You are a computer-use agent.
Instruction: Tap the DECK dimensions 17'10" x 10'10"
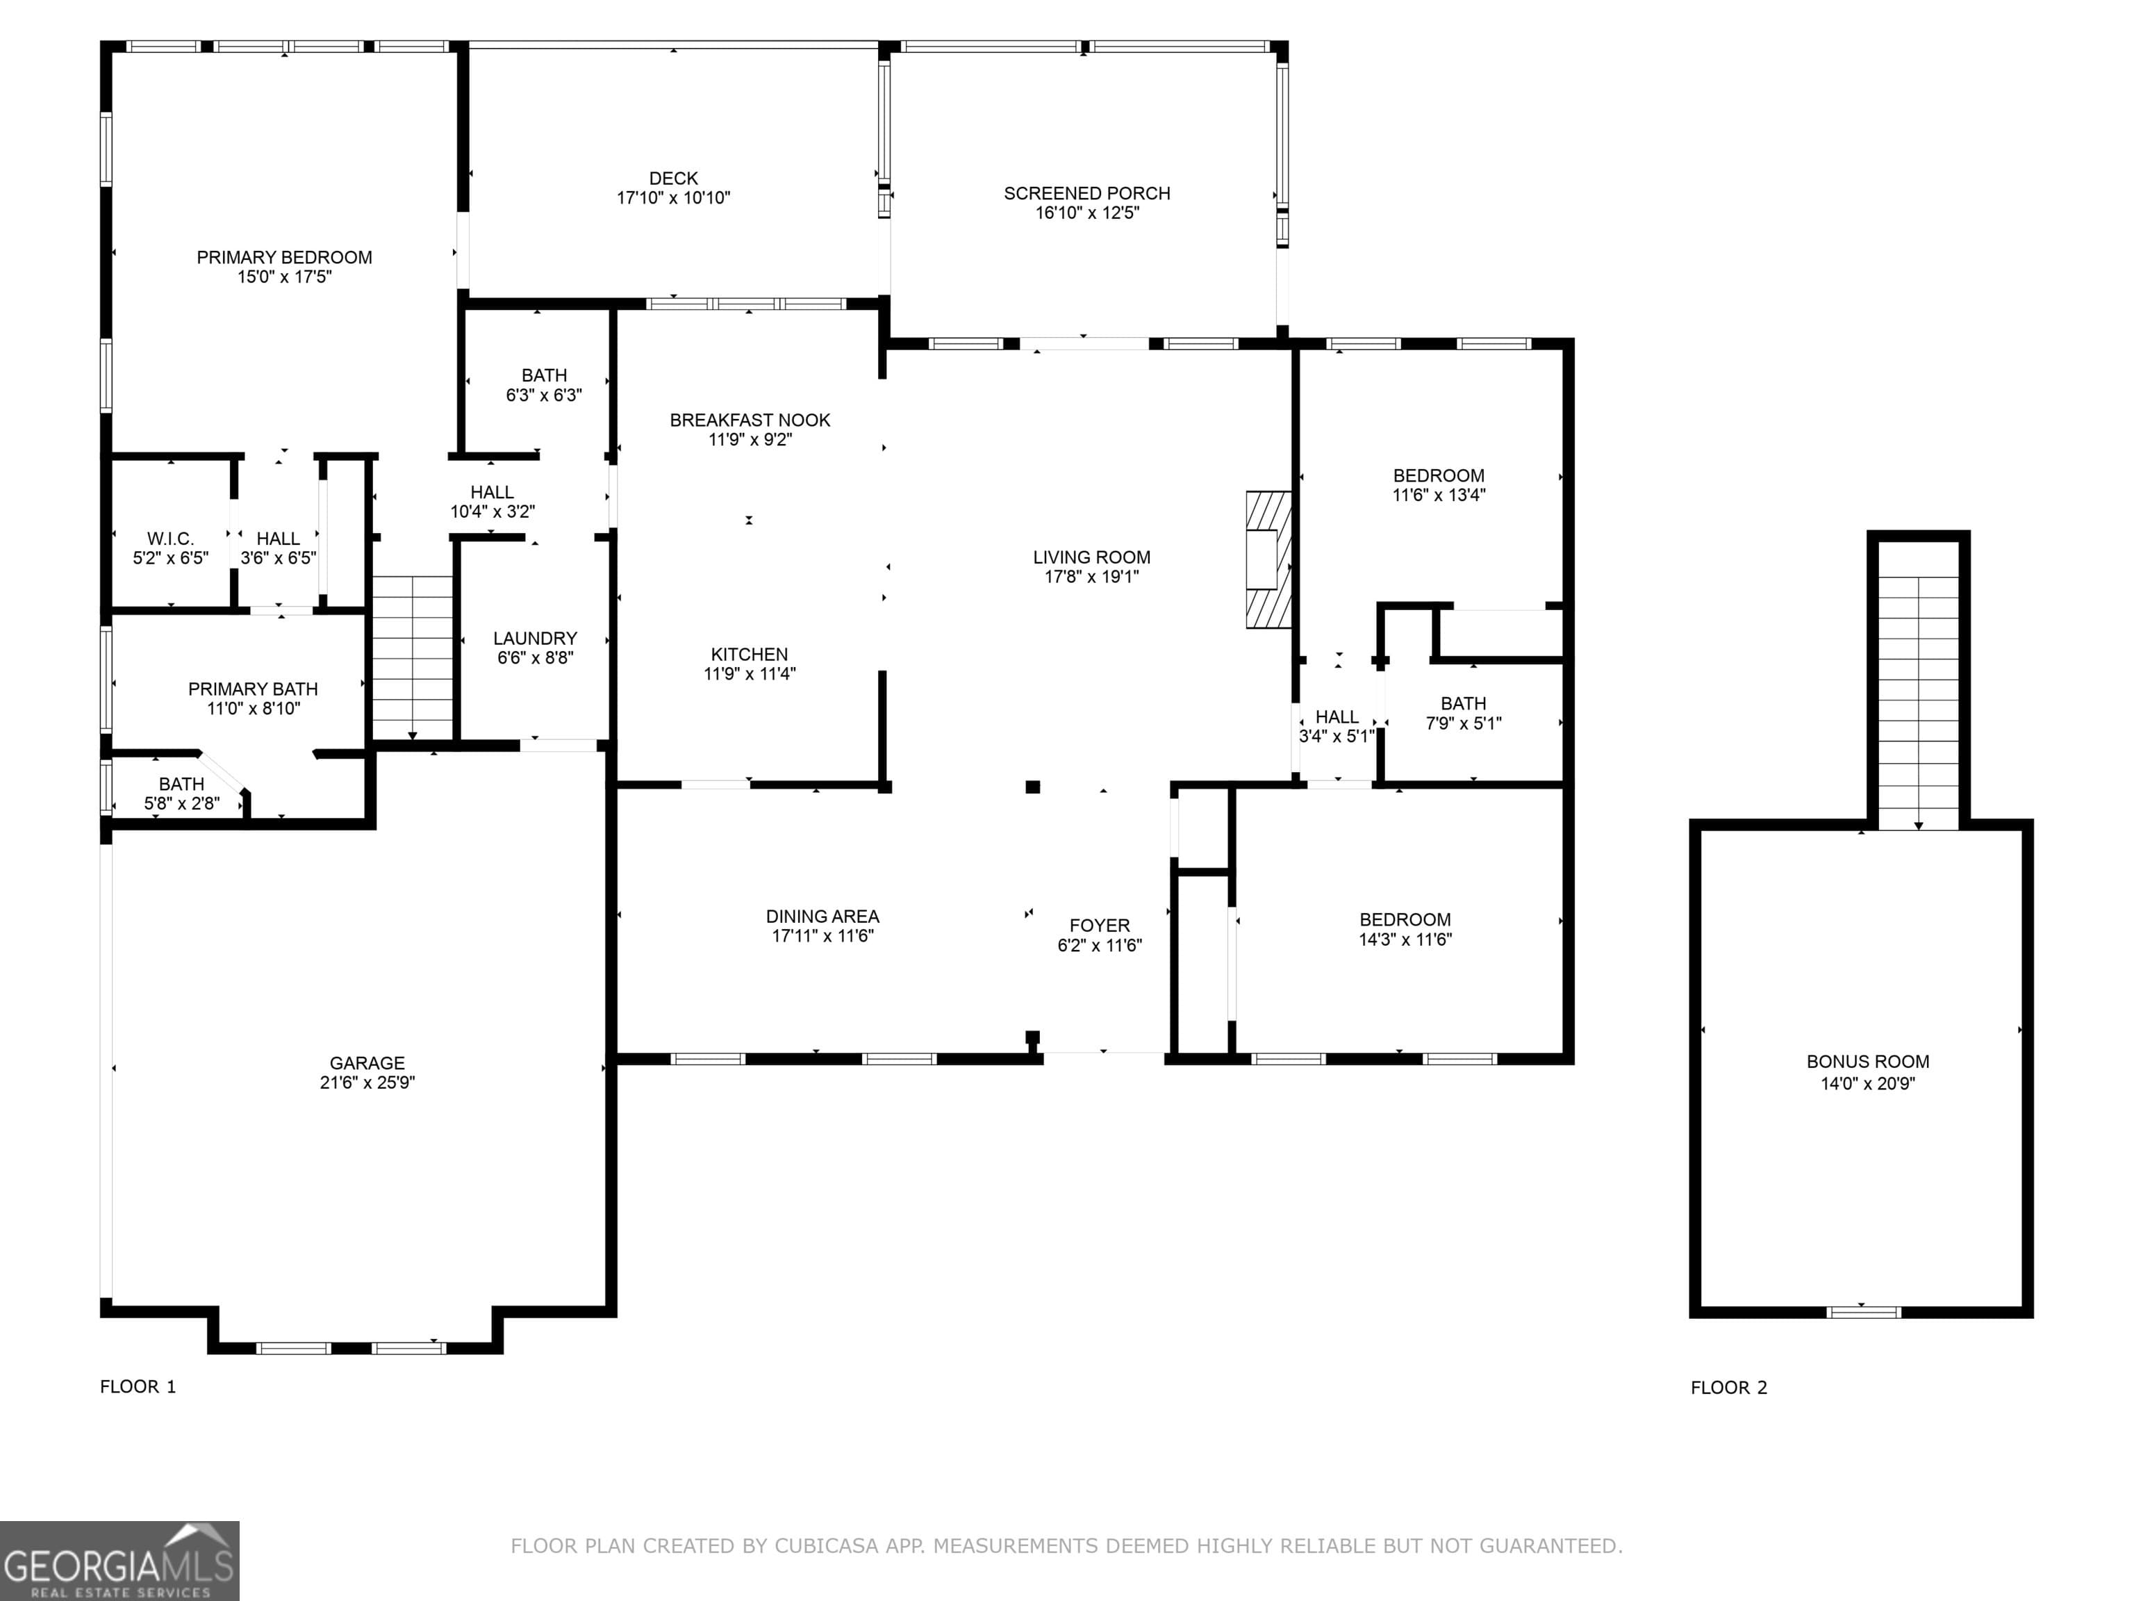coord(673,198)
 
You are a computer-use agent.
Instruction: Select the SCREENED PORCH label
coord(1086,193)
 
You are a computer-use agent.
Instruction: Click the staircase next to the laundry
coord(412,656)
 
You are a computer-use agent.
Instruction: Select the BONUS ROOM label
coord(1868,1062)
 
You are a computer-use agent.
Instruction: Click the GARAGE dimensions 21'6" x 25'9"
coord(367,1083)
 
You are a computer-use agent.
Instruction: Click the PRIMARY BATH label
coord(253,689)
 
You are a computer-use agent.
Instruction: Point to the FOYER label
coord(1099,926)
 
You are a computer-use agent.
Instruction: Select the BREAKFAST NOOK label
coord(750,420)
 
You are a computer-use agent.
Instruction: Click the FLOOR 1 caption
coord(138,1387)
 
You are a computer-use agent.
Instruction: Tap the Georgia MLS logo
coord(119,1561)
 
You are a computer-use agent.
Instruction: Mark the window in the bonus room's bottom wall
coord(1863,1311)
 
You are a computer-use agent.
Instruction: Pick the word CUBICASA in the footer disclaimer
coord(825,1546)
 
